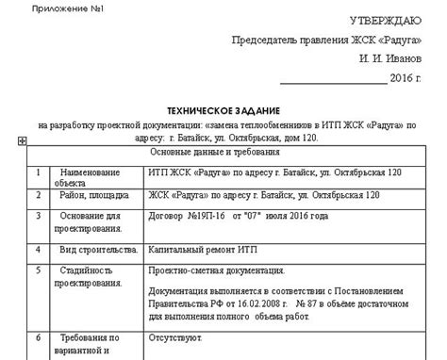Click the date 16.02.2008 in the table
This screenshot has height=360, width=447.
(242, 303)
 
